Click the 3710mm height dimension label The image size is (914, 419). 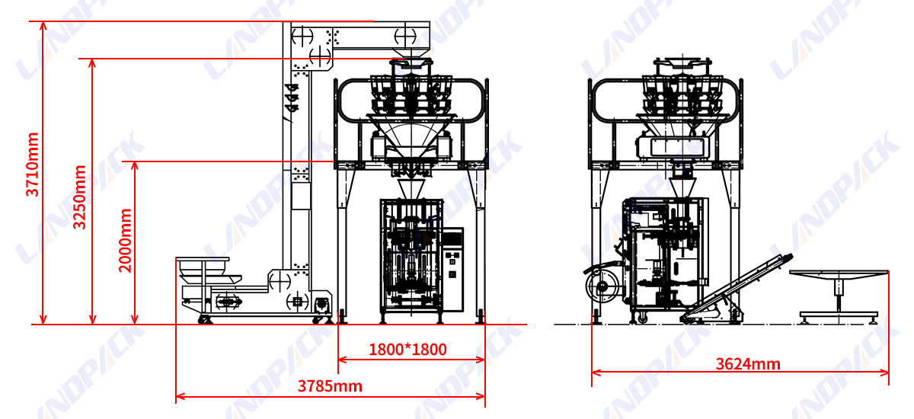(32, 165)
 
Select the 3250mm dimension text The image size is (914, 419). (79, 197)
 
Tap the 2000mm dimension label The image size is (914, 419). (125, 241)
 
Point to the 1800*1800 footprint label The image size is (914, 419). (407, 350)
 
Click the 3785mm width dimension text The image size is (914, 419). (330, 386)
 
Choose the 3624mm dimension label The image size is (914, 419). (748, 364)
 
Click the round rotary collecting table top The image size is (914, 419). (839, 275)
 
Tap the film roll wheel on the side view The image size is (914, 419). (602, 286)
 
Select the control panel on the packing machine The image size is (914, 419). (452, 269)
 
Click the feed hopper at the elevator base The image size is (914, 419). (209, 271)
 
